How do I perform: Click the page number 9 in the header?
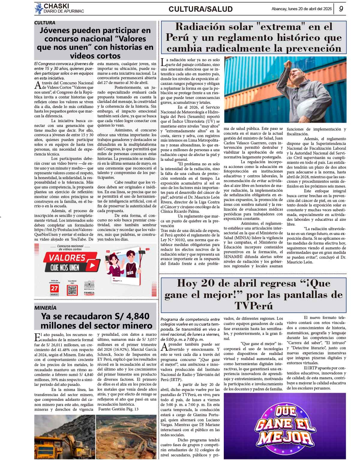341,9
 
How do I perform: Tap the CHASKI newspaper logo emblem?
39,8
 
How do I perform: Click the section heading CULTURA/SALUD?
200,9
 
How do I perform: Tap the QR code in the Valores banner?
72,290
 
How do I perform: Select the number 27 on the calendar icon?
54,289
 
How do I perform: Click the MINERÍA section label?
45,308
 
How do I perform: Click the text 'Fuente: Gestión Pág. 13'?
118,409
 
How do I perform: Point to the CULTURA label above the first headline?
45,23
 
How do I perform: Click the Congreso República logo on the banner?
89,287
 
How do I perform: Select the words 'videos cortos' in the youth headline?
95,56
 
